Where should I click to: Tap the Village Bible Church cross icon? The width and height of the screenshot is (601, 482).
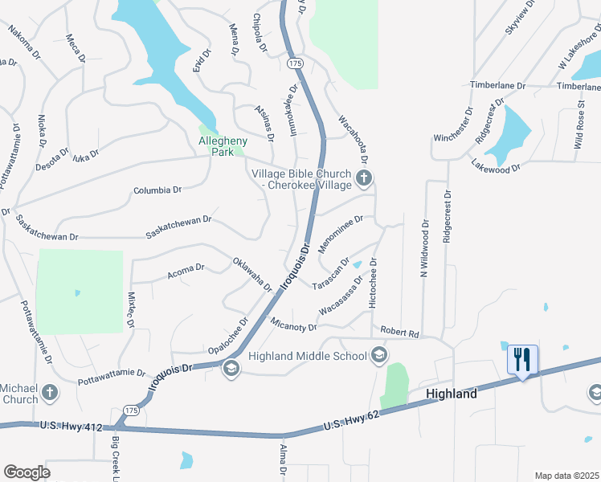[x=364, y=178]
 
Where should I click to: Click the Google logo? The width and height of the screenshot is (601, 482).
[x=27, y=472]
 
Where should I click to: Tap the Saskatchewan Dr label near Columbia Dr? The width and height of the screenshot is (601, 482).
[x=178, y=225]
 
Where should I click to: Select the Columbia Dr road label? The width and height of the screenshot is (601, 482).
[x=157, y=191]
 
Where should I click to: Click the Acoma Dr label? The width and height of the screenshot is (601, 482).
[x=186, y=272]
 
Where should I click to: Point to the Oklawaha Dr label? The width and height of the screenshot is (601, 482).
[x=253, y=275]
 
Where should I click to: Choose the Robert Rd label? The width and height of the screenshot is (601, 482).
[x=400, y=332]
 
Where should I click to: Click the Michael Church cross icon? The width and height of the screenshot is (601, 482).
[x=50, y=393]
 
